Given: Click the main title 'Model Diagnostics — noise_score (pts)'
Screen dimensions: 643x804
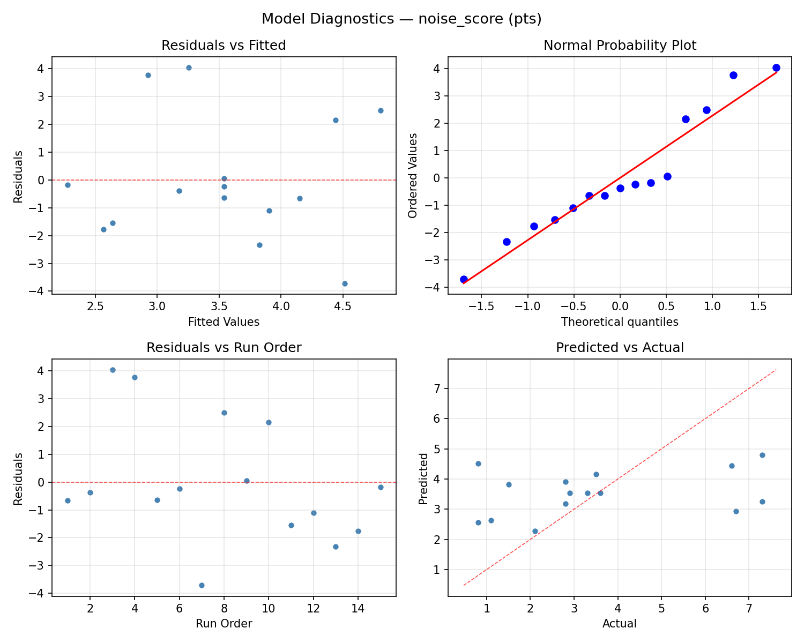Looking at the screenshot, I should tap(401, 19).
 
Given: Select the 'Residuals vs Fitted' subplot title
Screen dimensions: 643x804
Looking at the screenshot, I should tap(224, 46).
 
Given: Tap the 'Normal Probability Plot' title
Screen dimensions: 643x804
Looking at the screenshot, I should tap(620, 46).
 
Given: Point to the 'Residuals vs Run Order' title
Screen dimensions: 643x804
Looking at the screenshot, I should tap(224, 348).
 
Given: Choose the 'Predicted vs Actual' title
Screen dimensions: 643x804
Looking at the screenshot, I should tap(620, 348).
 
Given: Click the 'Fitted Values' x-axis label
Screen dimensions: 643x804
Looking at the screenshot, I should tap(224, 322).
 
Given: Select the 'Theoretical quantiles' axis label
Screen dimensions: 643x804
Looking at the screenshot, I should tap(620, 322).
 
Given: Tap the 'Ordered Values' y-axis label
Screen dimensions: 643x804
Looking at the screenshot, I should tap(412, 175).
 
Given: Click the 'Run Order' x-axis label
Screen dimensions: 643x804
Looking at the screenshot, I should tap(224, 624).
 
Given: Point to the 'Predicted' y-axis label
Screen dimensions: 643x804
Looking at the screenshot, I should tap(423, 478).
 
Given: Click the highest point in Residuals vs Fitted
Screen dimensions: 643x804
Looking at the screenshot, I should tap(189, 68).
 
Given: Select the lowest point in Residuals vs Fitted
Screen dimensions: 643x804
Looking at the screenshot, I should tap(345, 283).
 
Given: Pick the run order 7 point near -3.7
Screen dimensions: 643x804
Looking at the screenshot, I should tap(202, 585).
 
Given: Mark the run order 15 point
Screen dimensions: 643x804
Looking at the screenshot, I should tap(381, 487).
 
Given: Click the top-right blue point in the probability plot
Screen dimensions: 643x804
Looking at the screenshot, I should tap(776, 68).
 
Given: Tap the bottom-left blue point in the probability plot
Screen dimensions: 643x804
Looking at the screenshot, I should tap(464, 279).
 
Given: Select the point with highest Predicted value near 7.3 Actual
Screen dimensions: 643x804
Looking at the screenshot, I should tap(762, 455).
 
